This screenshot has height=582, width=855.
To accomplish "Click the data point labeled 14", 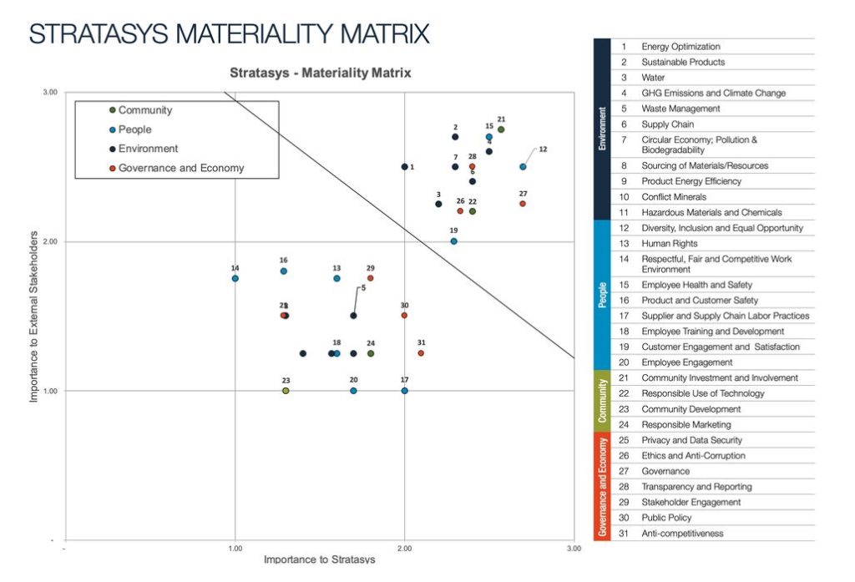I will coord(235,278).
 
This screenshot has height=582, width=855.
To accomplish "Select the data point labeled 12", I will coord(523,167).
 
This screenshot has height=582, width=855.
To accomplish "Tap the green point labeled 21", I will coord(501,129).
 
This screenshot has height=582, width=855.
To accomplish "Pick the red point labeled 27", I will coord(523,204).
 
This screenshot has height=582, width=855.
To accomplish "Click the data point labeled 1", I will coord(405,167).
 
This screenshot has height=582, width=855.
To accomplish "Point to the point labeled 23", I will coord(286,391).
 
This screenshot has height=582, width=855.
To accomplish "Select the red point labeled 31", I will coord(421,353).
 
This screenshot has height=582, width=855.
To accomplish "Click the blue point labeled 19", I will coord(454,241).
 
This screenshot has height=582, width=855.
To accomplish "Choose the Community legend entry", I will coord(144,110).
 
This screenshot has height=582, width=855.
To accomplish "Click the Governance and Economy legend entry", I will coord(180,168).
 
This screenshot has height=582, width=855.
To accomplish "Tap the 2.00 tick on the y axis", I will coord(50,241).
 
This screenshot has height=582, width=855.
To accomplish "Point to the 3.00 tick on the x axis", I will coord(574,549).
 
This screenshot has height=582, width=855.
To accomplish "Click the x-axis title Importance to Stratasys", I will coord(320,559).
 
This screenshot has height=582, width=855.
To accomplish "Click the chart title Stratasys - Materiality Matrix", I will coord(321,73).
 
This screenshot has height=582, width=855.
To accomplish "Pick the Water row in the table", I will coord(653,78).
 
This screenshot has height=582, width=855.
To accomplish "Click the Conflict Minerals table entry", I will coord(673,197).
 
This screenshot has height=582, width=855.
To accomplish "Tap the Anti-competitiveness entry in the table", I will coord(682,534).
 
